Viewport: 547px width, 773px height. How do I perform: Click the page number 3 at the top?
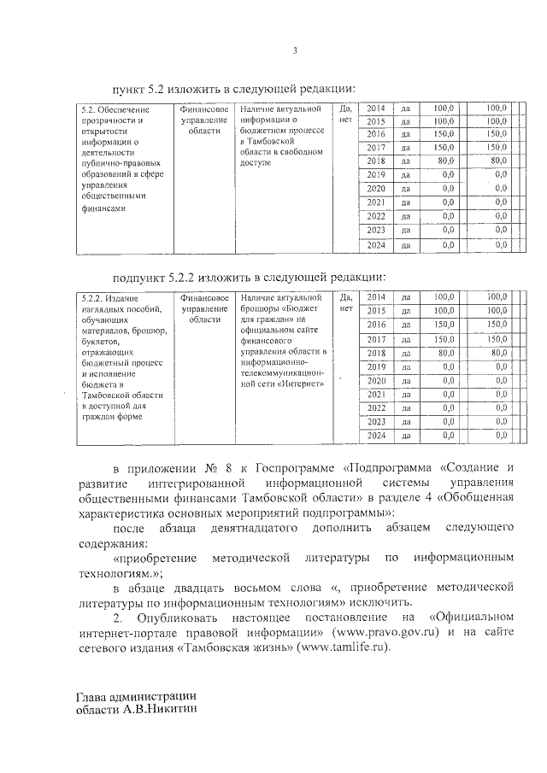click(293, 50)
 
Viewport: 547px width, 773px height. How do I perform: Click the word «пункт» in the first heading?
click(130, 89)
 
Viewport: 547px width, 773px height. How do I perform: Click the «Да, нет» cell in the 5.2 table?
click(345, 114)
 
